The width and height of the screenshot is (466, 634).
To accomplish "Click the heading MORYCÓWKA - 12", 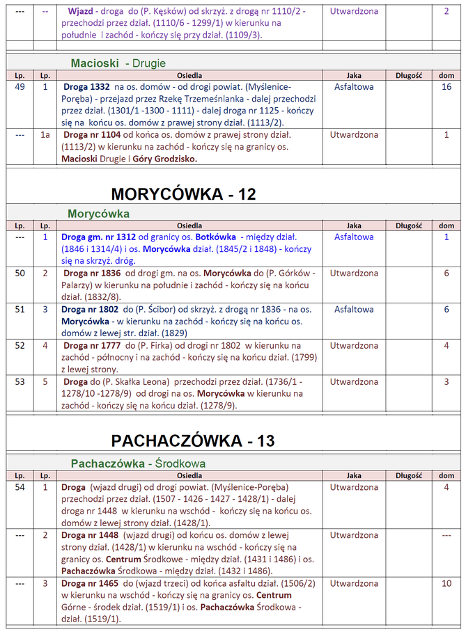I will click(183, 194).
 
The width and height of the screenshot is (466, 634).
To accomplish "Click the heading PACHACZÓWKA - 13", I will click(192, 441).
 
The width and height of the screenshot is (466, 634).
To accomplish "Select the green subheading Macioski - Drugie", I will click(118, 63).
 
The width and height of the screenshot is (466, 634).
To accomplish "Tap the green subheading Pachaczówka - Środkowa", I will click(138, 463).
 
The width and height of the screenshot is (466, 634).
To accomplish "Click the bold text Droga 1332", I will click(86, 87).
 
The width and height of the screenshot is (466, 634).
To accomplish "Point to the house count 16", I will click(446, 87).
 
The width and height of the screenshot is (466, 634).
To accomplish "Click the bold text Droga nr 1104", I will click(94, 134).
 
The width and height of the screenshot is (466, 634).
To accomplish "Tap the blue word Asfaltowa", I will click(354, 237).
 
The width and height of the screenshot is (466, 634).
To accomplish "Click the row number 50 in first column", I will click(20, 274).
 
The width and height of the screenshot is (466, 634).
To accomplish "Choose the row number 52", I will click(20, 346).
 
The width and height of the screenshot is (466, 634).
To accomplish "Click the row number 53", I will click(20, 382).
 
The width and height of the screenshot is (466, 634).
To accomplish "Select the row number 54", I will click(20, 487).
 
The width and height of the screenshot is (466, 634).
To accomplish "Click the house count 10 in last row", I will click(446, 583).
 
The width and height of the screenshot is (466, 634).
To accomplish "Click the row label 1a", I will click(45, 134).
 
